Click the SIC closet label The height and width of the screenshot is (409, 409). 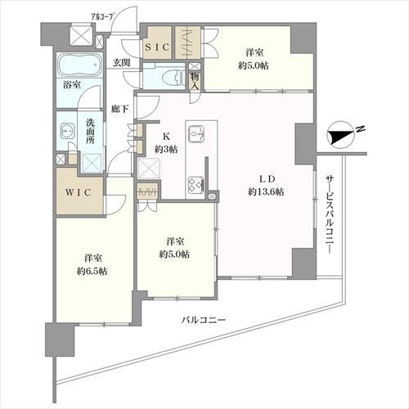coord(157,47)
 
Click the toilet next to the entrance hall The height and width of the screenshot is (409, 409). coord(171,77)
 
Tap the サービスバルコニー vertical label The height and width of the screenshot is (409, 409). coord(328,214)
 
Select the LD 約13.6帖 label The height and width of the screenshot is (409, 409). coord(266,186)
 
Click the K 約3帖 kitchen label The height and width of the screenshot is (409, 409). coord(166,144)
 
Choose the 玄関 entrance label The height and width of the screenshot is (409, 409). coord(121,63)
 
